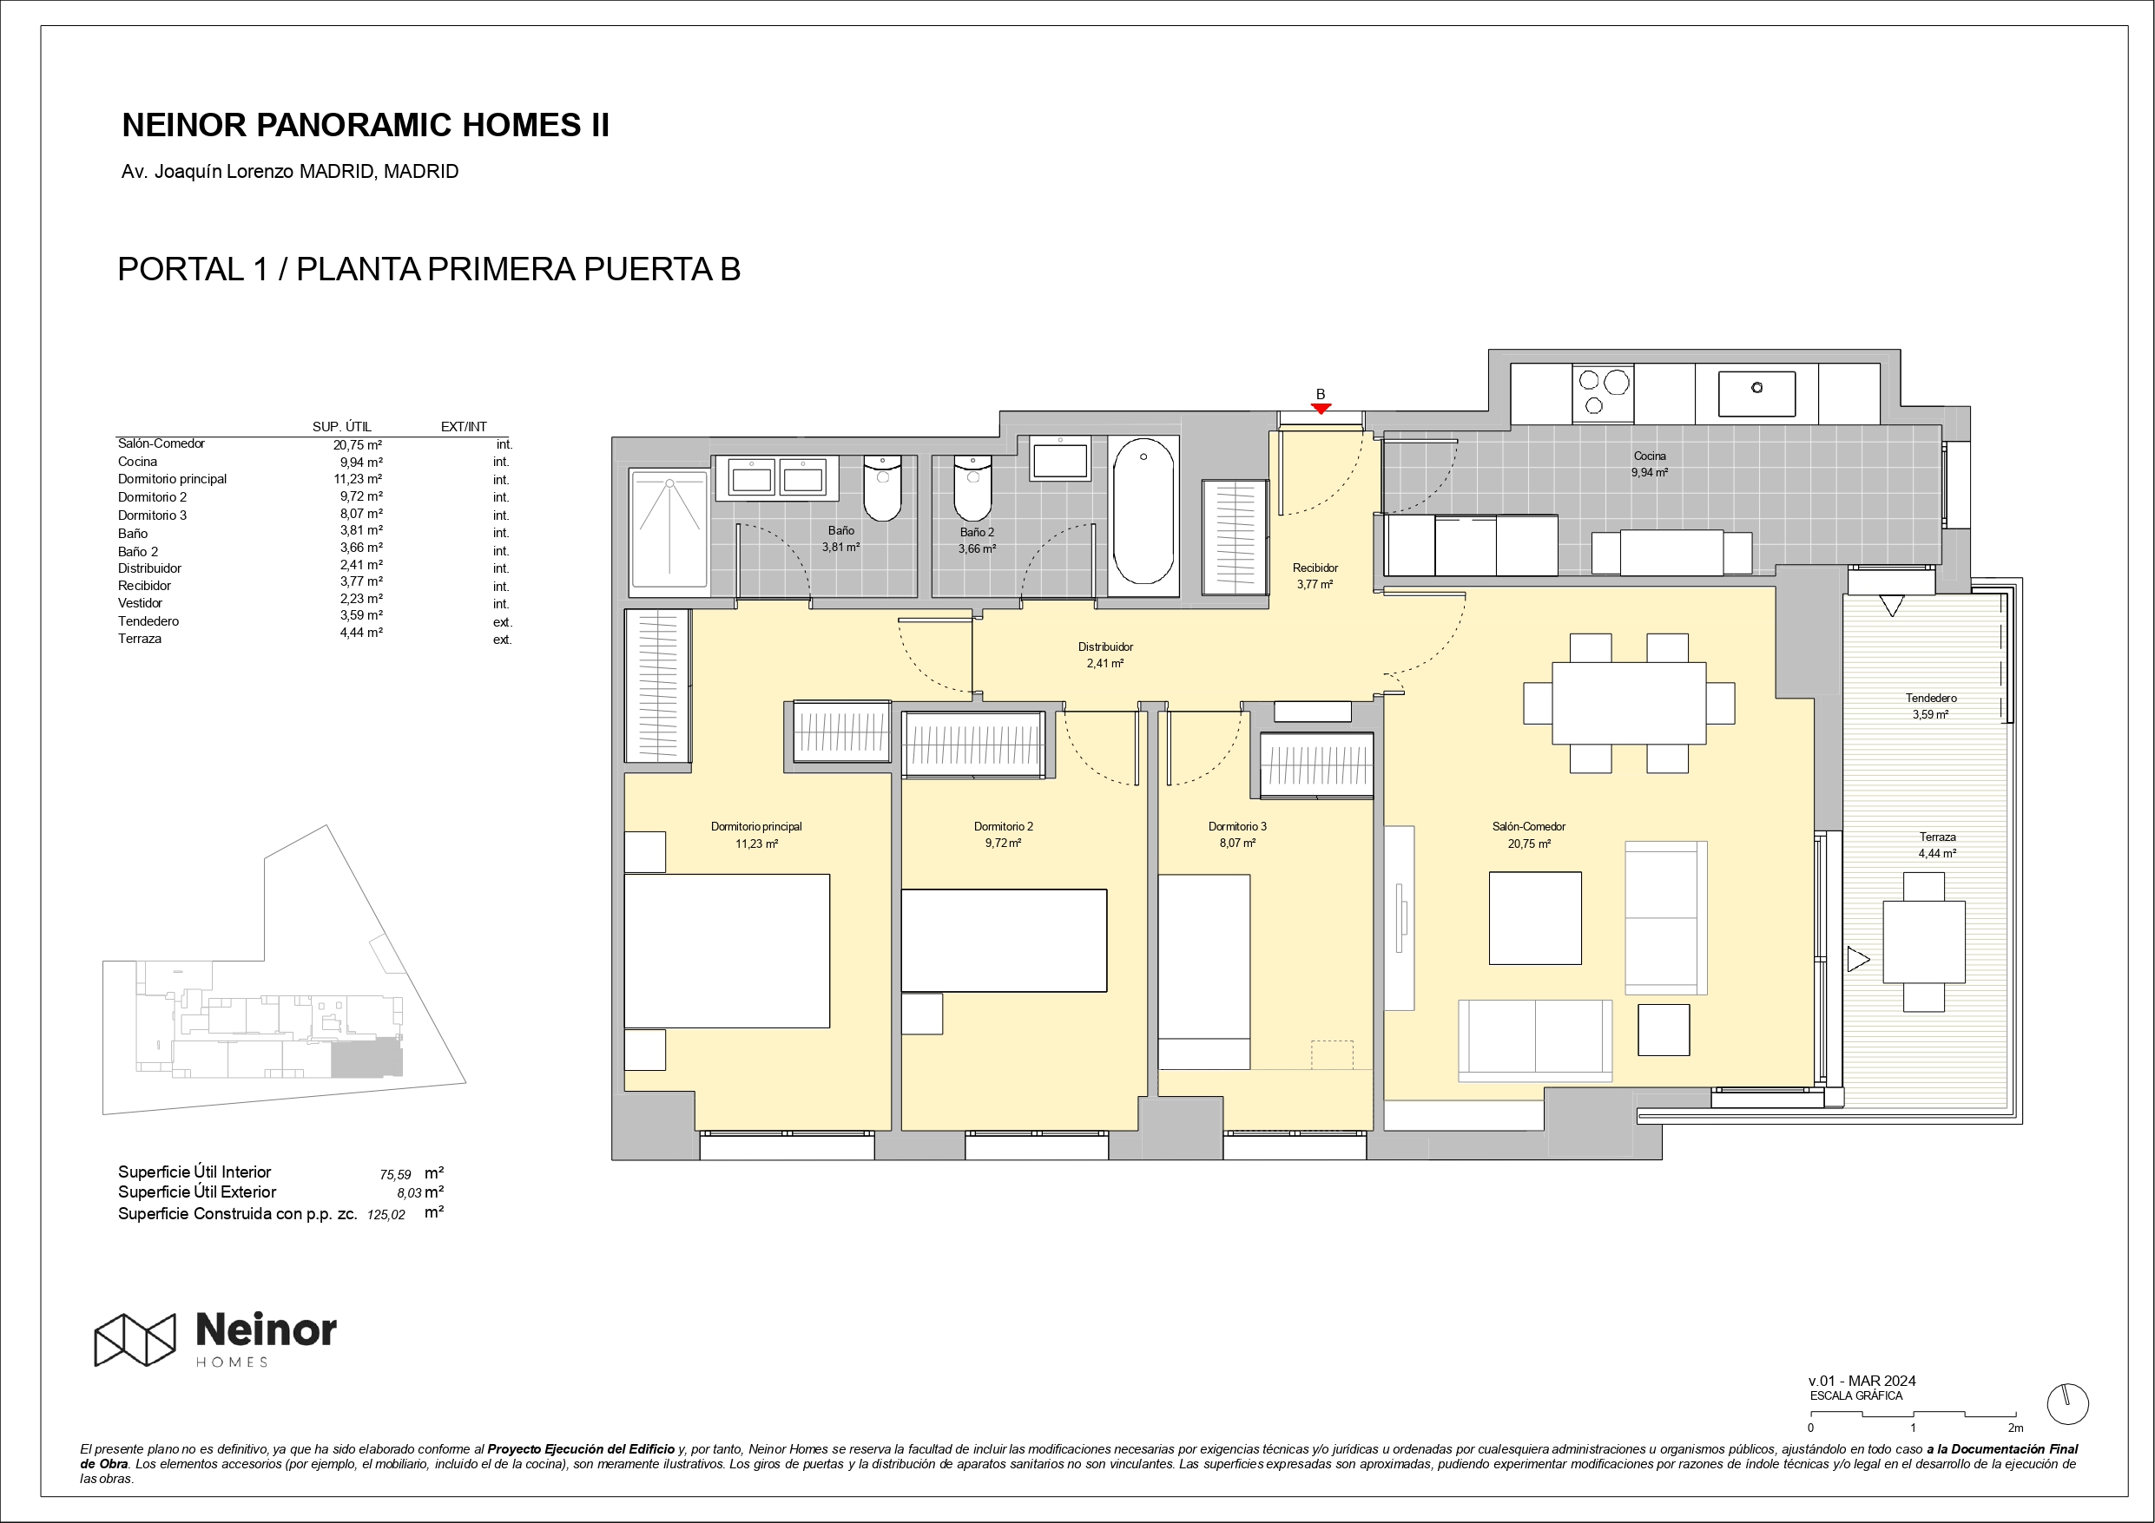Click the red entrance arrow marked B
[x=1321, y=408]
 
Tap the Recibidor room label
[x=1315, y=568]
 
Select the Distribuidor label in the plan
[x=1105, y=647]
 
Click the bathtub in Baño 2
[x=1143, y=511]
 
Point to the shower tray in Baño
[x=669, y=529]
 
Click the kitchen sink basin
[x=1757, y=393]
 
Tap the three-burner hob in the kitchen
[x=1603, y=393]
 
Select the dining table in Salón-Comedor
[x=1630, y=703]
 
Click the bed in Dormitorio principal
[x=728, y=950]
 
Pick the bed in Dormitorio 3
[x=1204, y=971]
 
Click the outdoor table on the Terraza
[x=1924, y=942]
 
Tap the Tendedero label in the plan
[x=1931, y=699]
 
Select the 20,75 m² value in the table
[x=358, y=445]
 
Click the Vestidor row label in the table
[x=140, y=603]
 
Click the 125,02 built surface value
[x=386, y=1214]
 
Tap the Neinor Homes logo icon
[x=135, y=1339]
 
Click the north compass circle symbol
[x=2066, y=1405]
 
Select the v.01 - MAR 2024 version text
[x=1862, y=1381]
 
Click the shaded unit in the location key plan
[x=367, y=1058]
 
